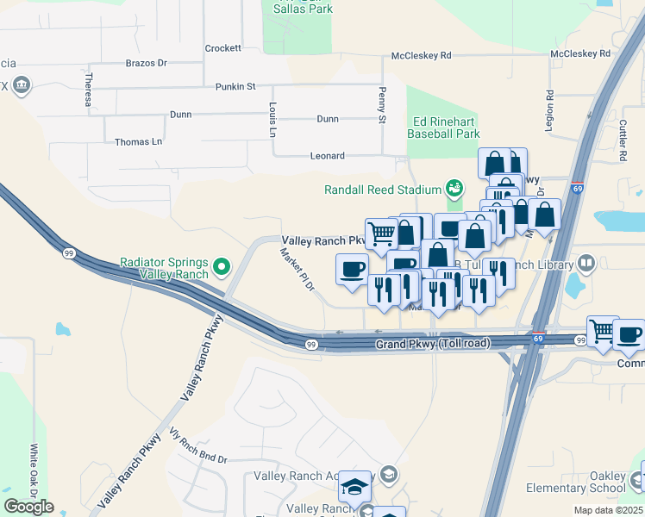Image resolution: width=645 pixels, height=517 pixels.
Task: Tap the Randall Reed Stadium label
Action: tap(382, 190)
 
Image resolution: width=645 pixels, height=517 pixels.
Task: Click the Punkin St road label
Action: tap(235, 86)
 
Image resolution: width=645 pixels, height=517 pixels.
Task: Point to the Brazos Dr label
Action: tap(146, 63)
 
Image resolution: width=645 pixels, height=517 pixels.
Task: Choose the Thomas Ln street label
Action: tap(138, 141)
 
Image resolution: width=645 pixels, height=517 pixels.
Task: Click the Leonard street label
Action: tap(327, 156)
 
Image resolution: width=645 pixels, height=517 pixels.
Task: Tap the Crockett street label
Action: tap(222, 48)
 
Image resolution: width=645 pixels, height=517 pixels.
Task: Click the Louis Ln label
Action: tap(272, 121)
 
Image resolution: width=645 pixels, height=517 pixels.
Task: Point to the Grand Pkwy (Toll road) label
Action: tap(432, 344)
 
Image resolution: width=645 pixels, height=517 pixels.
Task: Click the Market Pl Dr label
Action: tap(298, 270)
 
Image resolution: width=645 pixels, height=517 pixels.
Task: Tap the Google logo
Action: tap(29, 507)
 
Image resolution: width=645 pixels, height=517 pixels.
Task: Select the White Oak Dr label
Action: tap(34, 470)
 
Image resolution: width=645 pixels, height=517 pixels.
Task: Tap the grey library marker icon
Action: tap(586, 263)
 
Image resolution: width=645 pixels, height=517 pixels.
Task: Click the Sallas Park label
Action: tap(297, 9)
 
